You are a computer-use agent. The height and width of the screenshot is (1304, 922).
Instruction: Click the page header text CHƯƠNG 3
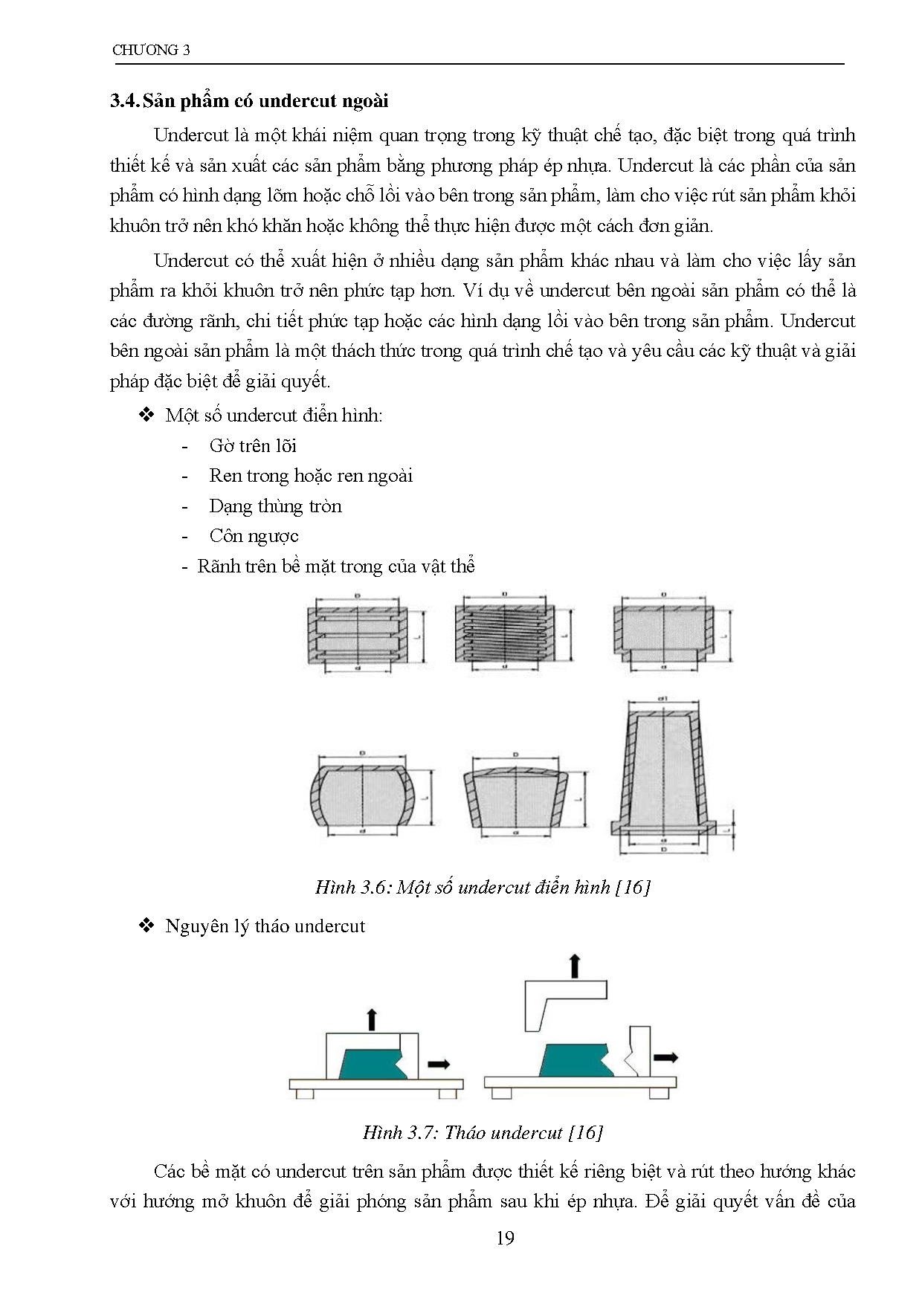pyautogui.click(x=151, y=51)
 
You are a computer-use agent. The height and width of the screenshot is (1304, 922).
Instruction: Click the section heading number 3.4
pyautogui.click(x=124, y=101)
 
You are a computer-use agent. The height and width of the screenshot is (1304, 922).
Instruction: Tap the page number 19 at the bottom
pyautogui.click(x=505, y=1238)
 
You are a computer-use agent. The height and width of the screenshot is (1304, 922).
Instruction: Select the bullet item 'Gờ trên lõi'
pyautogui.click(x=253, y=446)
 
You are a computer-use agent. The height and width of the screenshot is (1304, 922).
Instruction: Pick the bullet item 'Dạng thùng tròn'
pyautogui.click(x=275, y=506)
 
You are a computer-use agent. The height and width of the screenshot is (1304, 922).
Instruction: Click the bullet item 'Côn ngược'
pyautogui.click(x=254, y=536)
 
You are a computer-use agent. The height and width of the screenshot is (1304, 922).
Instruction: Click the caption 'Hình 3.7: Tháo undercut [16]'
pyautogui.click(x=483, y=1132)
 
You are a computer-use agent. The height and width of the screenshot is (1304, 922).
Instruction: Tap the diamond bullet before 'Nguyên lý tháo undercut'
pyautogui.click(x=146, y=926)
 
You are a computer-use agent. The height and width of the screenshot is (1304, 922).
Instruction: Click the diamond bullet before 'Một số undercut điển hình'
pyautogui.click(x=146, y=415)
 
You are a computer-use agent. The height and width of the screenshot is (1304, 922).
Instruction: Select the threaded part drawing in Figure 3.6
pyautogui.click(x=505, y=632)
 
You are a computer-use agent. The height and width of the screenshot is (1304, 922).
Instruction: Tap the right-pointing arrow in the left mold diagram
pyautogui.click(x=439, y=1064)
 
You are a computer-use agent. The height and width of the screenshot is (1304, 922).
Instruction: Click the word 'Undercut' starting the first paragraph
pyautogui.click(x=190, y=135)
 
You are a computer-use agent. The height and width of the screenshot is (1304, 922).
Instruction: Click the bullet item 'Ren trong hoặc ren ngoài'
pyautogui.click(x=311, y=476)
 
